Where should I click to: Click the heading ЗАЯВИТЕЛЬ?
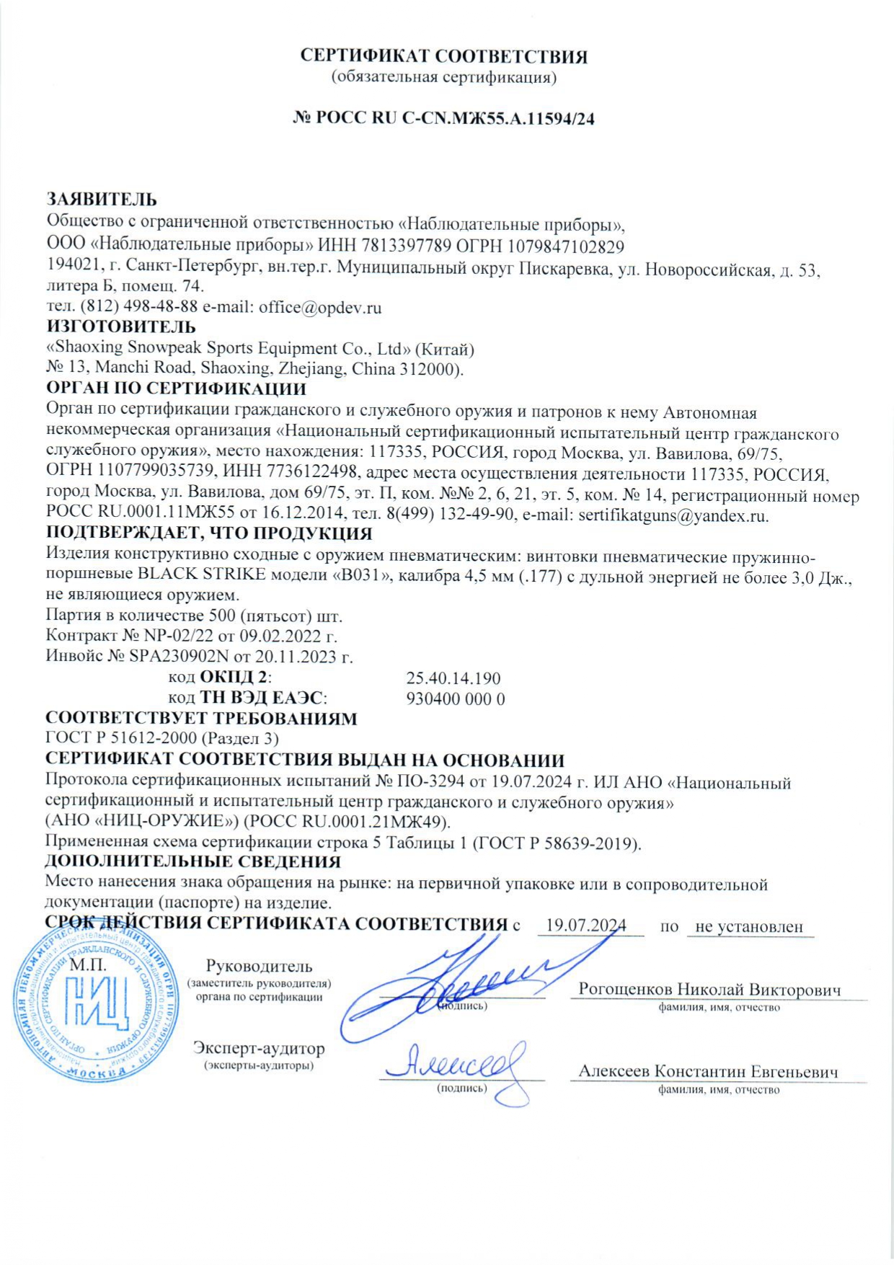pos(102,200)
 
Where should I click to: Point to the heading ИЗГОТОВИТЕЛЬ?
pos(120,328)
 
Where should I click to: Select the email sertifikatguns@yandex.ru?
pos(673,516)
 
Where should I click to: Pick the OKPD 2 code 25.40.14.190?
pos(453,678)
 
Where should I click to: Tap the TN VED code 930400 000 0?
pos(456,699)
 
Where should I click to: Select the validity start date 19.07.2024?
pos(585,926)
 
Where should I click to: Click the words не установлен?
pos(749,926)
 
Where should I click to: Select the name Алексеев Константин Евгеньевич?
pos(708,1072)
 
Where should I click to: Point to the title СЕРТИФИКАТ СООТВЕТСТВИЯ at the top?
pos(443,56)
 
